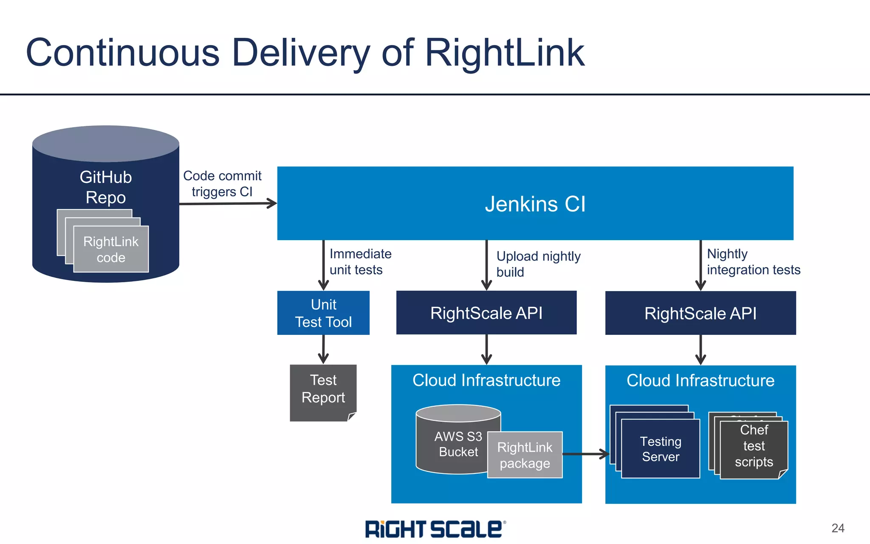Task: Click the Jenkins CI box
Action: [x=535, y=204]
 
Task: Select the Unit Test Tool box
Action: [x=323, y=313]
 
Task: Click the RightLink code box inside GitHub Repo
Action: [x=111, y=249]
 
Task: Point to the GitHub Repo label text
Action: [x=106, y=187]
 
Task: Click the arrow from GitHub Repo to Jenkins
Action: [x=228, y=204]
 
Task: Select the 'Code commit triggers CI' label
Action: [x=222, y=184]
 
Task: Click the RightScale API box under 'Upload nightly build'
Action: [x=486, y=313]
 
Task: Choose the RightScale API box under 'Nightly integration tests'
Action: [x=700, y=313]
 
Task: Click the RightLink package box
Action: [x=525, y=455]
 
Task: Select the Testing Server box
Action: [x=660, y=449]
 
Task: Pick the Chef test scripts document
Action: [x=754, y=446]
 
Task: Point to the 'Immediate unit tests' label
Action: [x=360, y=262]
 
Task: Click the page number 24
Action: [x=837, y=528]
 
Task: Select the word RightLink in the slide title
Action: [x=504, y=53]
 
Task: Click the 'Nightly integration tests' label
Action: [x=753, y=262]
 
